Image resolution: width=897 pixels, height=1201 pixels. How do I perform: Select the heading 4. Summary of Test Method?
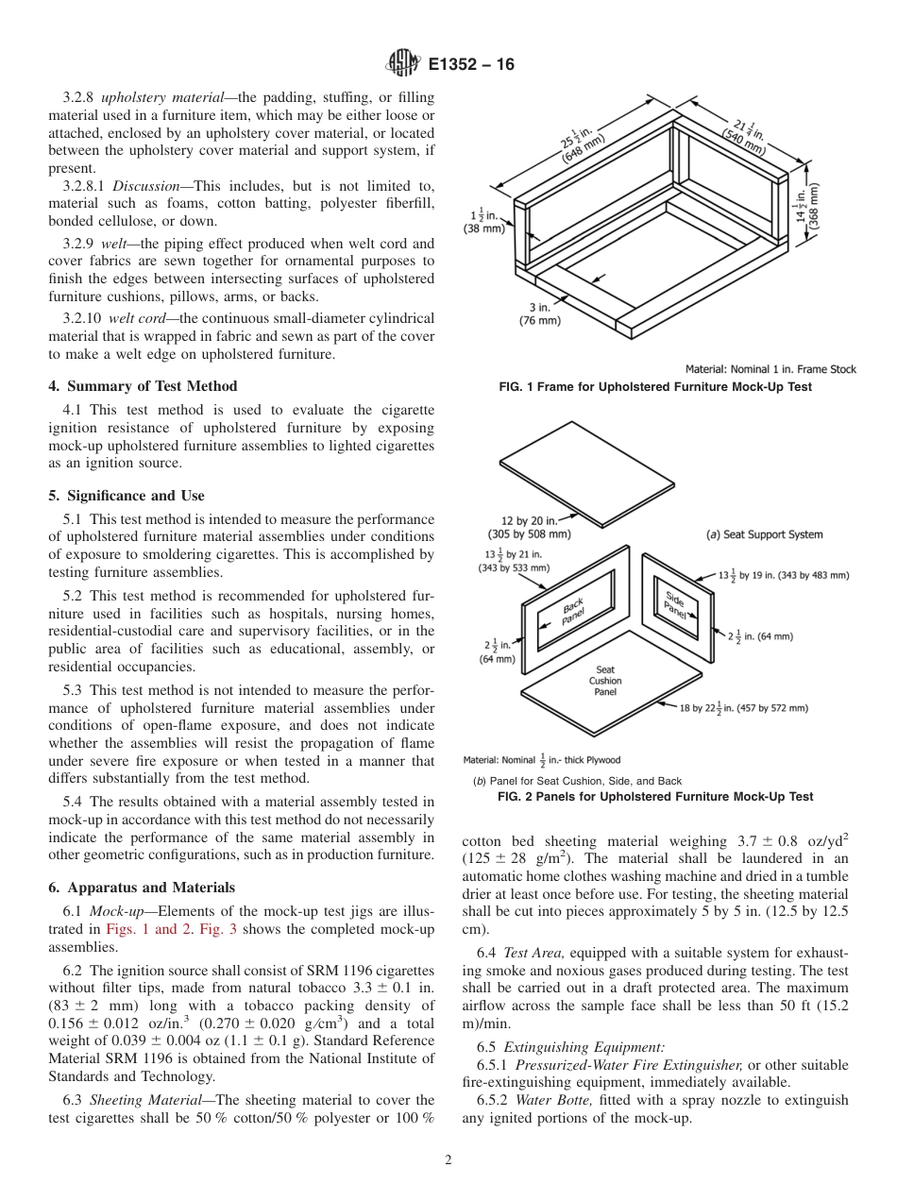(x=143, y=385)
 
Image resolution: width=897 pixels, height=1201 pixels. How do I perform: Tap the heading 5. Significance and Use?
(x=127, y=495)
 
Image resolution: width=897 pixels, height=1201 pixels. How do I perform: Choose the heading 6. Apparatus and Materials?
(x=142, y=888)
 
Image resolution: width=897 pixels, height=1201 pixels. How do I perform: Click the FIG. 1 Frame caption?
(x=655, y=387)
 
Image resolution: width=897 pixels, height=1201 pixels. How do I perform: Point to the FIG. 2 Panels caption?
(x=655, y=797)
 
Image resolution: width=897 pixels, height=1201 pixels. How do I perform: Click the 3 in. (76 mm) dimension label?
(x=540, y=313)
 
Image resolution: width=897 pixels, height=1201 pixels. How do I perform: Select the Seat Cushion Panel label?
(x=605, y=681)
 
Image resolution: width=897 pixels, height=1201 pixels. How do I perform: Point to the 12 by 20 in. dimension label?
(x=529, y=525)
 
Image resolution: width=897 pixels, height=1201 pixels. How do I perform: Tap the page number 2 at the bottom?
(x=448, y=1160)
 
